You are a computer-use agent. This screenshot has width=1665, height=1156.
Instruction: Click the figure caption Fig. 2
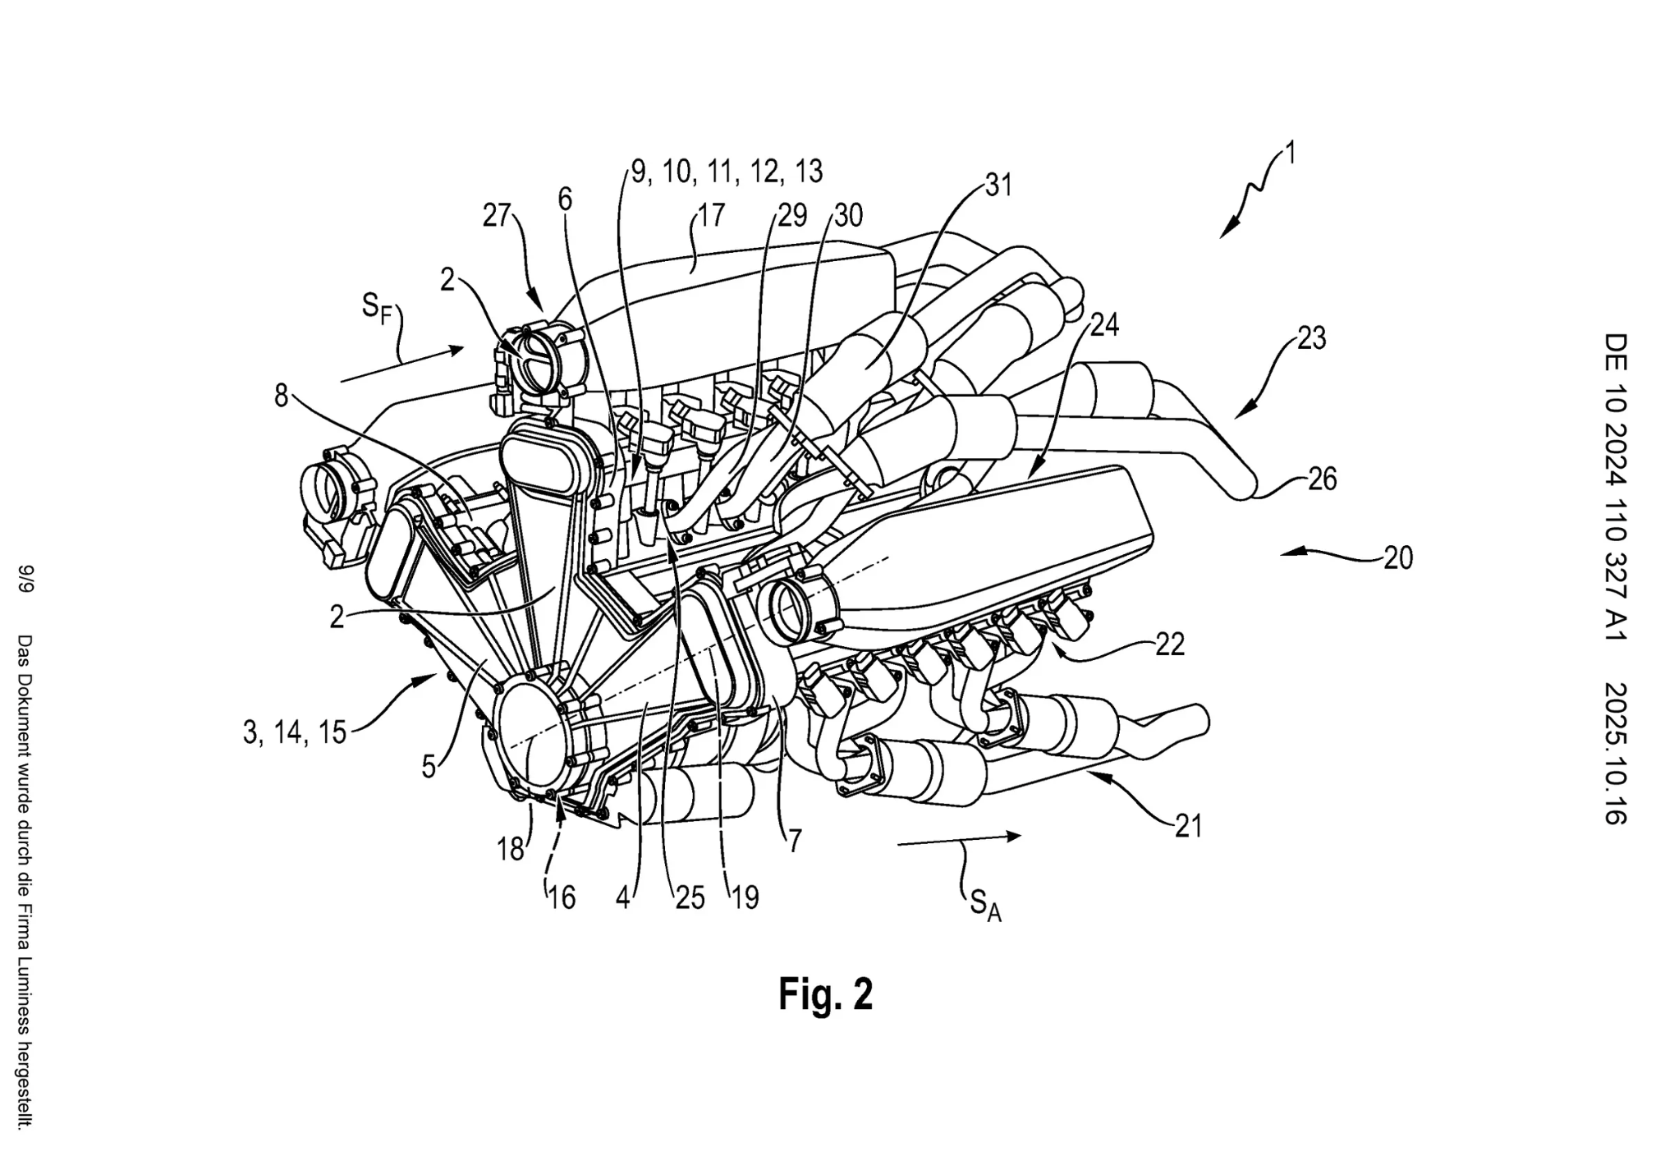(x=825, y=994)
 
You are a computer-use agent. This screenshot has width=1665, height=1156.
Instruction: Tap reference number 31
(x=998, y=186)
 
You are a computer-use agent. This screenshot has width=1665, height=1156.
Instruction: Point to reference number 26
(x=1322, y=479)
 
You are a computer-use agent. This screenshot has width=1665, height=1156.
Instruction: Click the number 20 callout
(x=1398, y=558)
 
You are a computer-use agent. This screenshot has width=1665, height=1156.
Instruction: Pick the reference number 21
(x=1188, y=826)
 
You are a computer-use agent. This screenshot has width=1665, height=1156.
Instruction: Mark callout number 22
(x=1170, y=645)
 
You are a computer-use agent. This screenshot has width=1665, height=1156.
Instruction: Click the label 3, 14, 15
(x=295, y=732)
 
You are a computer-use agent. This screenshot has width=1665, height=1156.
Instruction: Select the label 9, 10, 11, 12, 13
(x=727, y=172)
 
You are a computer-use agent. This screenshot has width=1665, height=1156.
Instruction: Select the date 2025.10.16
(x=1616, y=752)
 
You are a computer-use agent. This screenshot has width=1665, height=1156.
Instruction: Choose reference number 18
(x=511, y=850)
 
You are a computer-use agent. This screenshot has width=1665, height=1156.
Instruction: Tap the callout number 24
(x=1104, y=325)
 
